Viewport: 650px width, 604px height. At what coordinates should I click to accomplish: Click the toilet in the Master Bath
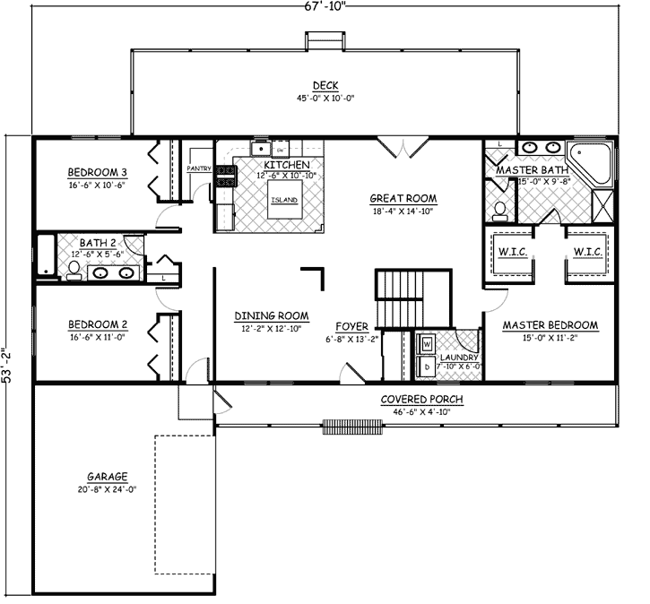500,209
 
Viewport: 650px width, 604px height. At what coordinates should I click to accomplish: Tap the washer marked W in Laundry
427,343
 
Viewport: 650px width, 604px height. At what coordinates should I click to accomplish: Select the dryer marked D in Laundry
427,367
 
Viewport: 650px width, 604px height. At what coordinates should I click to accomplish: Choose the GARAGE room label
107,477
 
